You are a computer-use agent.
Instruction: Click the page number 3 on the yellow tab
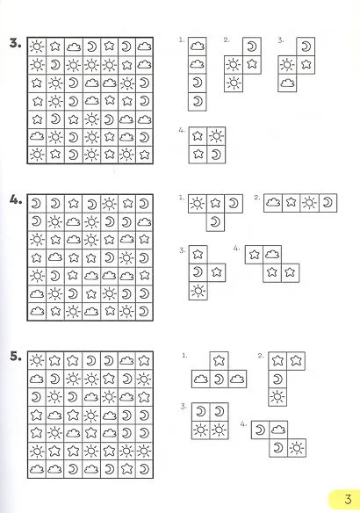click(x=348, y=499)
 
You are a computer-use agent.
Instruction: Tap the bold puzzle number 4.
click(x=16, y=200)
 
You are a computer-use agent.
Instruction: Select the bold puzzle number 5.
click(x=16, y=356)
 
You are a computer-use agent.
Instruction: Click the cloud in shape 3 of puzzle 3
click(x=287, y=83)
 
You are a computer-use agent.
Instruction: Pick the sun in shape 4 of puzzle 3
click(x=216, y=136)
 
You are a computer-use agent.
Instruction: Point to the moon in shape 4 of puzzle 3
click(x=216, y=154)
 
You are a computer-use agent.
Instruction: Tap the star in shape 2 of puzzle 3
click(x=251, y=64)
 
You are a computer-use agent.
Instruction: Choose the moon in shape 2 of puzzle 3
click(x=251, y=47)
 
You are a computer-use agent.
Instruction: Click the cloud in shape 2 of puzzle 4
click(x=273, y=203)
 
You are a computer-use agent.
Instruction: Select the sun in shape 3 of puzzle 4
click(x=198, y=291)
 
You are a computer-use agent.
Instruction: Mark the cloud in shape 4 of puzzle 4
click(x=272, y=254)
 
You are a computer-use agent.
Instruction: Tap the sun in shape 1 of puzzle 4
click(x=198, y=204)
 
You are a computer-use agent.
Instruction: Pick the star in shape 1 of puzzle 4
click(x=215, y=204)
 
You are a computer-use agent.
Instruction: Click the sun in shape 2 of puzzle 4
click(x=309, y=203)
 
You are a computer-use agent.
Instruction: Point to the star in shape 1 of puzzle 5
click(x=219, y=361)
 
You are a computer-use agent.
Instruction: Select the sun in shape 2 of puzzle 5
click(x=277, y=397)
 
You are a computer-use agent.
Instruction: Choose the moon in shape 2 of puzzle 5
click(x=277, y=379)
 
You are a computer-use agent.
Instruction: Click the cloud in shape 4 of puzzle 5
click(x=278, y=430)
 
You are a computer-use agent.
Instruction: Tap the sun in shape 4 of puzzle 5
click(x=297, y=448)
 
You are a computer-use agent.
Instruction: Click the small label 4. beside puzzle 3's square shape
click(x=182, y=130)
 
